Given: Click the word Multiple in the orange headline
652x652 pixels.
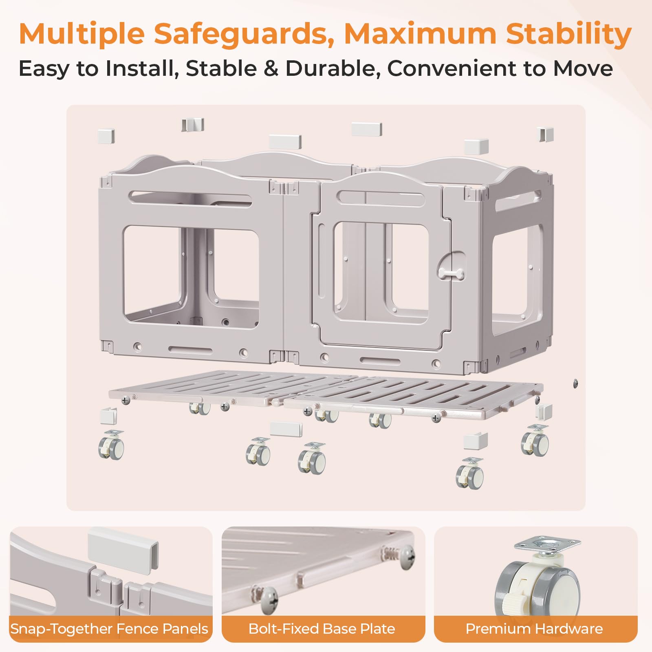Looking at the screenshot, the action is click(x=82, y=34).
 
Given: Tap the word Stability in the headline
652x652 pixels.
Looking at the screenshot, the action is click(x=569, y=34).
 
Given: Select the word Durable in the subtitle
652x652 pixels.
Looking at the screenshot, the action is click(x=330, y=68).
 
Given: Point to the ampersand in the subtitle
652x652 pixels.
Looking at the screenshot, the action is click(x=271, y=68).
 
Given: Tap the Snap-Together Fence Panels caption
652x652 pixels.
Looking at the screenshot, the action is click(x=109, y=629).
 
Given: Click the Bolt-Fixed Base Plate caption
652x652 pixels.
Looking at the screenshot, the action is click(x=322, y=629).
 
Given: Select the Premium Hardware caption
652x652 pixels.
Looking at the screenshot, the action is click(x=534, y=629).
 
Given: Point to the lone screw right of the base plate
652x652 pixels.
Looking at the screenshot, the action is click(x=575, y=383).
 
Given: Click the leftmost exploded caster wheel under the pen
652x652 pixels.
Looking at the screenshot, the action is click(x=111, y=445).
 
